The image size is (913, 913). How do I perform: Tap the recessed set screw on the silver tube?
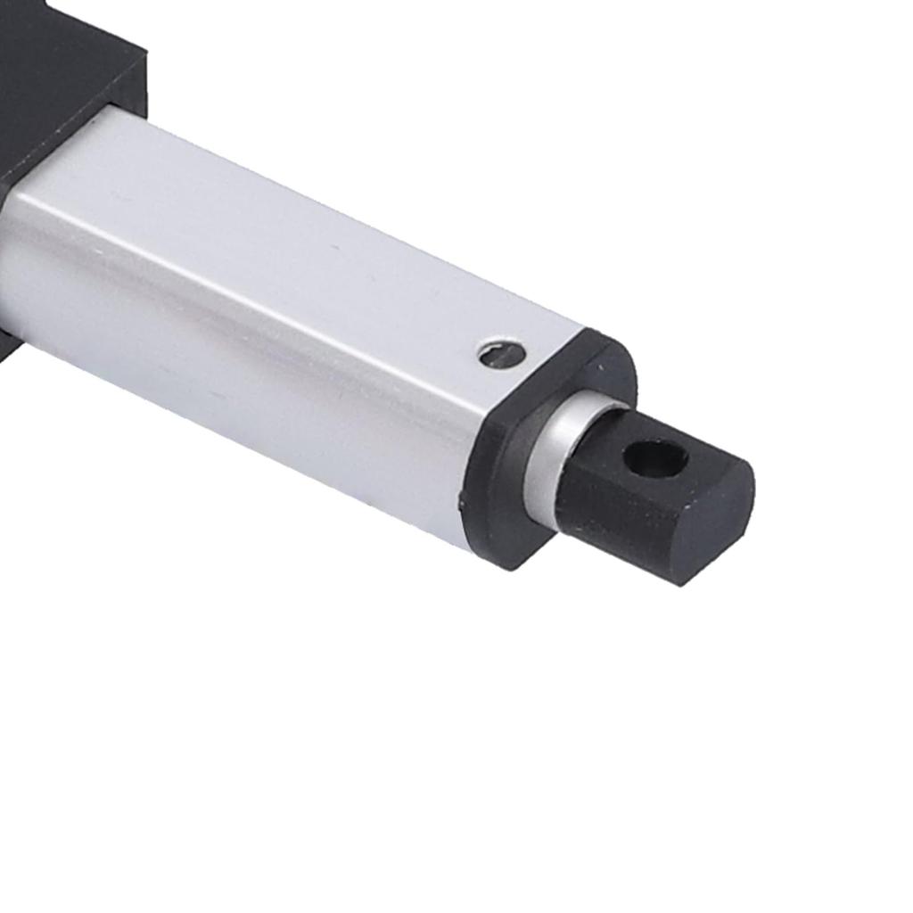pyautogui.click(x=501, y=354)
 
